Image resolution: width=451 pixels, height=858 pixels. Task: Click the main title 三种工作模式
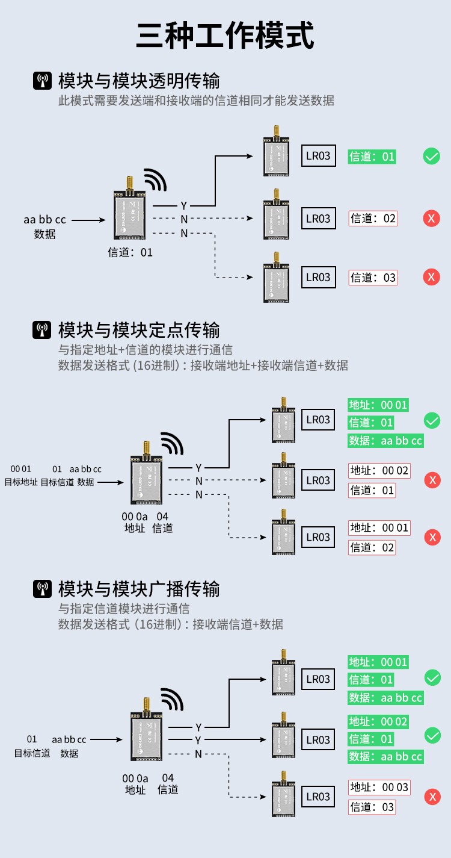pos(226,35)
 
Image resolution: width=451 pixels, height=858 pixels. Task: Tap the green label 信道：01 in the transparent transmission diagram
pos(372,157)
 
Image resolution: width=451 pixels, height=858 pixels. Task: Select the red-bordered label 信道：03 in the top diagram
pos(373,278)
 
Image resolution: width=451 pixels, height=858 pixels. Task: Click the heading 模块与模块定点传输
pos(139,330)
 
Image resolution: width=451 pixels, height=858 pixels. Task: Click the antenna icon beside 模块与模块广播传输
pos(42,589)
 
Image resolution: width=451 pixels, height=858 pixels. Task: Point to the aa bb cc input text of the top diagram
pos(44,220)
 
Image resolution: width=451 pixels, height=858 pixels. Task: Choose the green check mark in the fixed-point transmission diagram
pos(432,420)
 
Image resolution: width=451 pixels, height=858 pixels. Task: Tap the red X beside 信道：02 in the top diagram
pos(431,218)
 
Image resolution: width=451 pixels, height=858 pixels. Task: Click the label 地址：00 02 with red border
pos(379,470)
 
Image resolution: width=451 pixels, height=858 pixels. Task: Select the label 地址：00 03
pos(379,787)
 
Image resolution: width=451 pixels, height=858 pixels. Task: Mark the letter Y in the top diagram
pos(184,206)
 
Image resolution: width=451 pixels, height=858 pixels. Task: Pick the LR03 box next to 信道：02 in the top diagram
pos(318,218)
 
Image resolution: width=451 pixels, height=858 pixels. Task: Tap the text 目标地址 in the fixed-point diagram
pos(21,482)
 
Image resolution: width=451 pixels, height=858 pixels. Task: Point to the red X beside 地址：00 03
pos(432,797)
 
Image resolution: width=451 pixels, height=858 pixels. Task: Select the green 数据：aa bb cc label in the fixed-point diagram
pos(386,441)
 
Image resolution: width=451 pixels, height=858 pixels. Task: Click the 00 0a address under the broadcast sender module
pos(135,778)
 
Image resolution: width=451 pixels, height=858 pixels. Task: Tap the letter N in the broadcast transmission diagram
pos(198,754)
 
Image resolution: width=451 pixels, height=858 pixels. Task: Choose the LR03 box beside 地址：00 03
pos(318,797)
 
